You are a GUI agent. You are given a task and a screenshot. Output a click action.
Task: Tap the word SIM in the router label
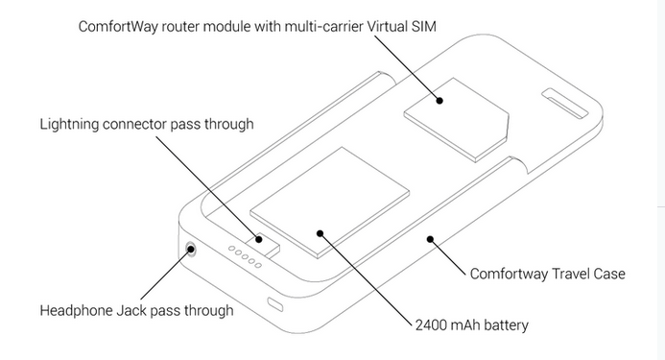click(424, 26)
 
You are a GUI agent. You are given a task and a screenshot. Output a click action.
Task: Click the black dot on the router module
click(439, 101)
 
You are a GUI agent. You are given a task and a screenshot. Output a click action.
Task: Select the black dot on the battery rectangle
click(321, 233)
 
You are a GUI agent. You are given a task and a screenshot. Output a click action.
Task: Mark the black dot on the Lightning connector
click(259, 239)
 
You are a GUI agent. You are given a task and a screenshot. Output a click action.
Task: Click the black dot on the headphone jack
click(191, 249)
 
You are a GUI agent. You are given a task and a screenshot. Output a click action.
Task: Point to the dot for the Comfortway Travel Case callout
click(430, 239)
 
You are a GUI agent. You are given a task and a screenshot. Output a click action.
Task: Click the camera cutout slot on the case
click(565, 103)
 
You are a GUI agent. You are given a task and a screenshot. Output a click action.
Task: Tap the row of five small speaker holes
click(245, 257)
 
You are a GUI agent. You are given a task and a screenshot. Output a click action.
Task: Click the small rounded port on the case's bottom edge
click(275, 304)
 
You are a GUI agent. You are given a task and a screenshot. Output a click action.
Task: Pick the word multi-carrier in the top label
click(323, 26)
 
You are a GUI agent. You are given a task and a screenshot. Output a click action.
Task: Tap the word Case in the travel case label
click(609, 274)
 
